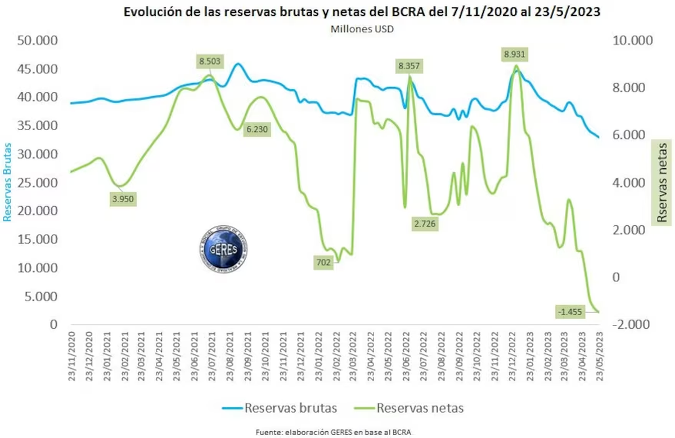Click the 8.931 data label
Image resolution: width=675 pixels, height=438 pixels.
[515, 55]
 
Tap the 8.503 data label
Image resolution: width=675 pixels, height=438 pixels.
[209, 60]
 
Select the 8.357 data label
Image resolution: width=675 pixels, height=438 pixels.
[409, 66]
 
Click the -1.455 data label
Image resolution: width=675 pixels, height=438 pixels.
[570, 311]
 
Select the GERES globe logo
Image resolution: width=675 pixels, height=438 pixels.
[225, 249]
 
